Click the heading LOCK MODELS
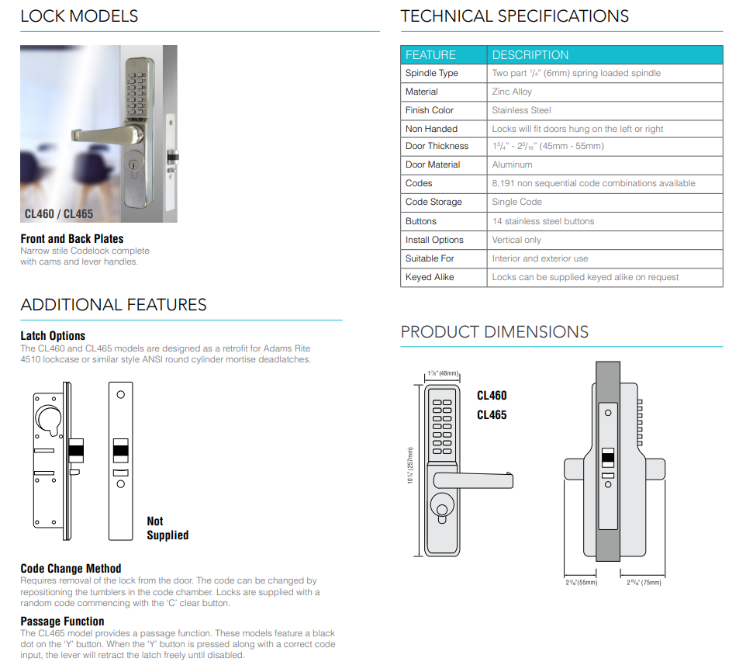(x=79, y=16)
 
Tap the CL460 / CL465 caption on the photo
(x=59, y=213)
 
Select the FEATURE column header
(x=430, y=55)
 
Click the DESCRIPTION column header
(x=530, y=55)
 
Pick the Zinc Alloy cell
(x=512, y=92)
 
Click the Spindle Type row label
(x=432, y=73)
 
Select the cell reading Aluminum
(x=512, y=165)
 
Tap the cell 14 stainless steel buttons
(x=543, y=221)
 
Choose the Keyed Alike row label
(x=430, y=277)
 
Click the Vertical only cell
(x=516, y=240)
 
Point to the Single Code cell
(x=516, y=202)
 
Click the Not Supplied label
(x=167, y=528)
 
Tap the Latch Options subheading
(x=53, y=336)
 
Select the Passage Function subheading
(x=62, y=621)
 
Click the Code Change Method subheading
(x=71, y=569)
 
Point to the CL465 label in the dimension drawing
(x=492, y=415)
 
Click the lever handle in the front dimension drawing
(x=473, y=480)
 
